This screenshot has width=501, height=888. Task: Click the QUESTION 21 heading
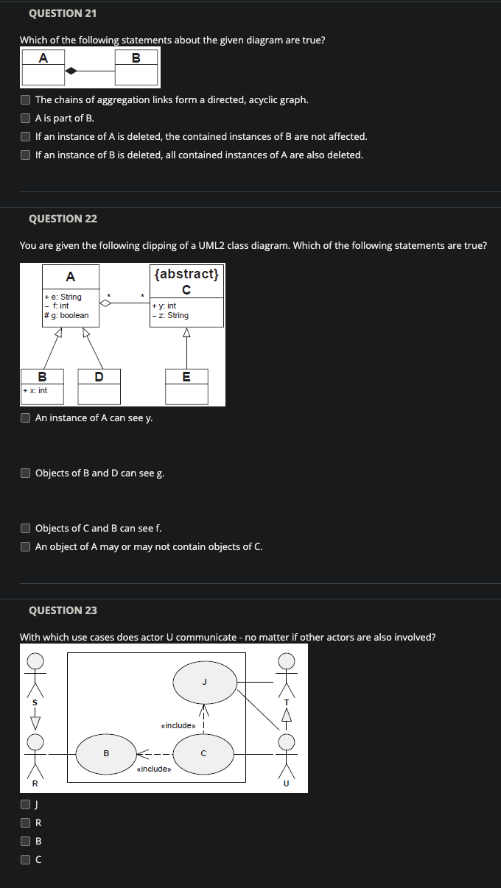point(63,13)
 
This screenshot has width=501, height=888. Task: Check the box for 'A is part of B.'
point(26,118)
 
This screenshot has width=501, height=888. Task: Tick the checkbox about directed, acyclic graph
point(26,99)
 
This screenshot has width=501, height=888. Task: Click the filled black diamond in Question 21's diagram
point(71,71)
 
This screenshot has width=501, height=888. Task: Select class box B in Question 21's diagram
point(136,68)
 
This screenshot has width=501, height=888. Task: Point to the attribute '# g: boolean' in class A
point(66,315)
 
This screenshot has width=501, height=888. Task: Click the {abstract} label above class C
point(186,273)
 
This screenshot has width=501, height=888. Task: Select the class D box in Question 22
point(99,386)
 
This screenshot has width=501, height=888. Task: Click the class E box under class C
point(186,386)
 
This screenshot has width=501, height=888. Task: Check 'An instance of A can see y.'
point(26,417)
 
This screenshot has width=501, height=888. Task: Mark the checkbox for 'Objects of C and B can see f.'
point(26,528)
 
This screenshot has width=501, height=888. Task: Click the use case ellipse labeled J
point(205,682)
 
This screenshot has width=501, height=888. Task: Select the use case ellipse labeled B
point(106,753)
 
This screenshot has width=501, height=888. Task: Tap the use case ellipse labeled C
point(203,753)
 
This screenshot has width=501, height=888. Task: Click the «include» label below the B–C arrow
point(154,769)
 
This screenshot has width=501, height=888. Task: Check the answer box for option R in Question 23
point(26,822)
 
